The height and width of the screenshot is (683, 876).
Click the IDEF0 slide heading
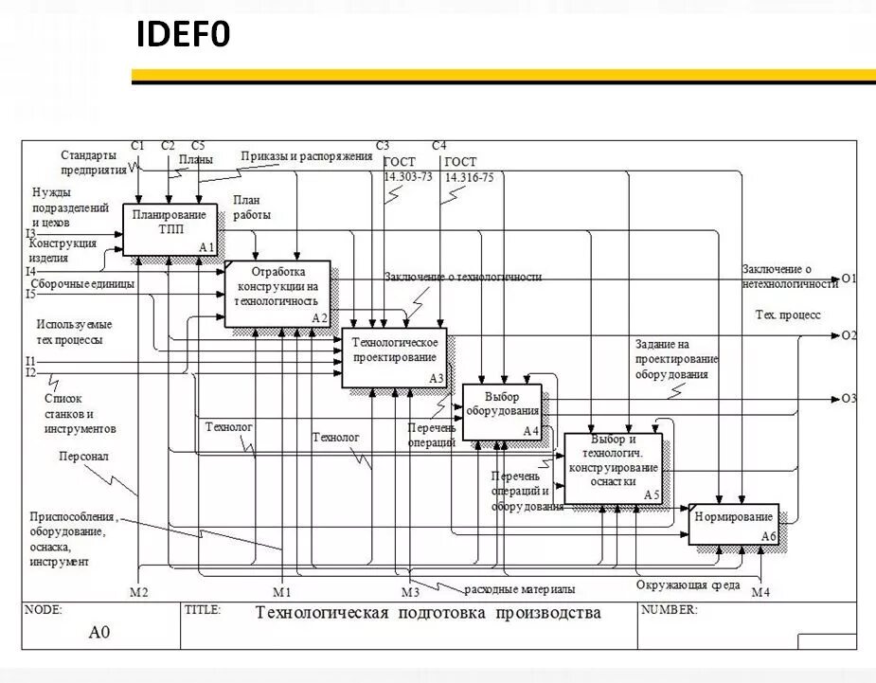(x=184, y=35)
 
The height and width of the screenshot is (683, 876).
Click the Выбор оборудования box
(x=501, y=411)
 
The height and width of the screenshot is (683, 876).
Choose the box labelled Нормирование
(x=733, y=523)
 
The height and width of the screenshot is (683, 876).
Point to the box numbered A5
(x=613, y=468)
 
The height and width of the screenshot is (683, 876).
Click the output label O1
(x=848, y=279)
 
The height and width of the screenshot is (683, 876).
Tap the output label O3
(x=848, y=398)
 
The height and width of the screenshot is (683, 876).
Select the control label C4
(x=438, y=146)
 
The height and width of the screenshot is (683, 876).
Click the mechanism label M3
(x=409, y=592)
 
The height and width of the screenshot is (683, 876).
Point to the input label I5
(x=30, y=294)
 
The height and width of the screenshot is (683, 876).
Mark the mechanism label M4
(x=760, y=592)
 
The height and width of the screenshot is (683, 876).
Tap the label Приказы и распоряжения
(x=306, y=156)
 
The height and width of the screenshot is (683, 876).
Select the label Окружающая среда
(x=688, y=584)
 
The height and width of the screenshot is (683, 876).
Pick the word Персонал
(x=83, y=456)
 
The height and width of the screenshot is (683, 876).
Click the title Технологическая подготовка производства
(x=428, y=613)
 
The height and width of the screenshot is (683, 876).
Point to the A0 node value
(x=99, y=632)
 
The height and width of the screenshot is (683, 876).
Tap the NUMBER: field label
(x=669, y=609)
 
